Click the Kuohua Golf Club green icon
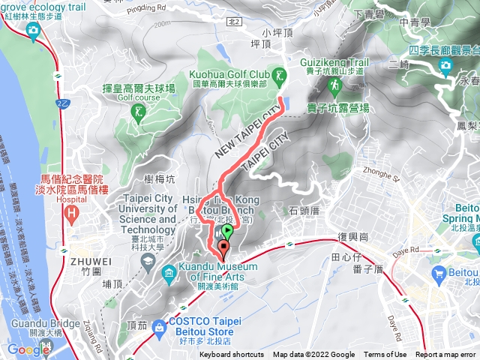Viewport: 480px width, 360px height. coord(279,75)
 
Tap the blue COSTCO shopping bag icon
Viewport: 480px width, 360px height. coord(159,307)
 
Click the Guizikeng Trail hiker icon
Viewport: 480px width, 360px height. coord(333,88)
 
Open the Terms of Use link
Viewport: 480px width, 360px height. coord(385,355)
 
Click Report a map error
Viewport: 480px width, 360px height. coord(446,355)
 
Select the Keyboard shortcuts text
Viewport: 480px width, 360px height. coord(232,355)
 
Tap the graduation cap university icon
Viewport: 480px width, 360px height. coord(148,259)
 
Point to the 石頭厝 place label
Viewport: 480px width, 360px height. coord(303,211)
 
